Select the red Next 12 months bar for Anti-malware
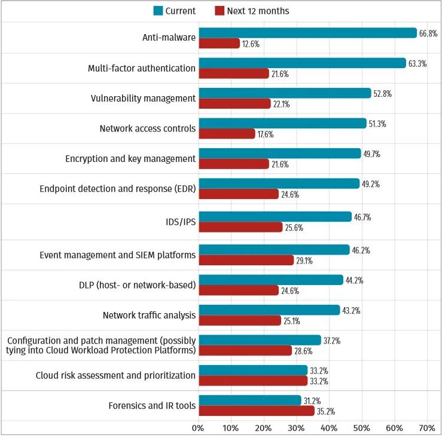pyautogui.click(x=219, y=44)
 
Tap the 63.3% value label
pyautogui.click(x=417, y=64)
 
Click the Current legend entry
pyautogui.click(x=174, y=11)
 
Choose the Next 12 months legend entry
pyautogui.click(x=251, y=11)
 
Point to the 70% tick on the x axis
pyautogui.click(x=426, y=428)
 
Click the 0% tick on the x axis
pyautogui.click(x=198, y=428)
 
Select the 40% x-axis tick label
pyautogui.click(x=329, y=428)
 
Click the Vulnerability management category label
pyautogui.click(x=143, y=98)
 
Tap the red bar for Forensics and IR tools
pyautogui.click(x=256, y=411)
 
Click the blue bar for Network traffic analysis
pyautogui.click(x=269, y=310)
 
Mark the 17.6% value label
pyautogui.click(x=264, y=134)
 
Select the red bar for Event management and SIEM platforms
pyautogui.click(x=246, y=260)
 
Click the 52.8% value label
pyautogui.click(x=383, y=94)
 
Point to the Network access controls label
pyautogui.click(x=147, y=128)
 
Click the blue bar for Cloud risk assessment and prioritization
pyautogui.click(x=252, y=370)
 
